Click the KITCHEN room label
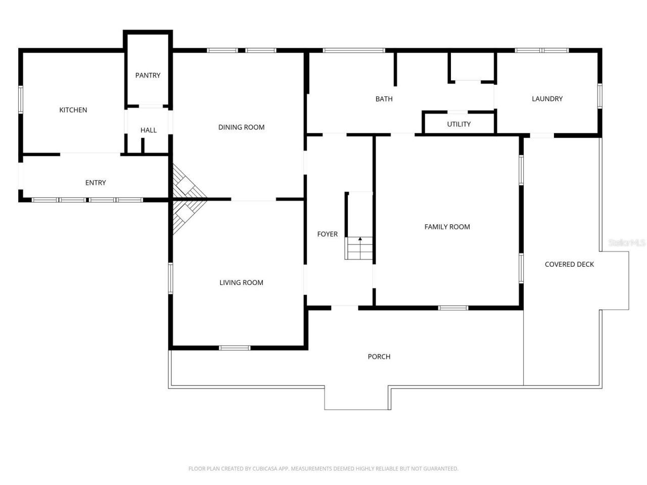click(x=73, y=110)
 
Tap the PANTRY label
click(x=148, y=75)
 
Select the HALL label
click(x=149, y=130)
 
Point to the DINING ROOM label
click(x=241, y=127)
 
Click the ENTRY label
click(x=96, y=182)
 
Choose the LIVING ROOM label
click(x=241, y=282)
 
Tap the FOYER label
click(x=327, y=234)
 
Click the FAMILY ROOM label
click(x=447, y=227)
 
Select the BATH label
click(x=384, y=99)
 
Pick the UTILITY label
click(x=458, y=124)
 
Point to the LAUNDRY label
click(x=547, y=99)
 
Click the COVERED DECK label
click(x=569, y=264)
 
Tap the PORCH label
click(x=379, y=357)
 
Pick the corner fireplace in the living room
click(x=186, y=215)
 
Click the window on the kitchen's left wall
click(x=21, y=100)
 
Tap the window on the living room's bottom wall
click(x=235, y=348)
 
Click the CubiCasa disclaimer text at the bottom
click(x=323, y=469)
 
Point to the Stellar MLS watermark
click(x=626, y=243)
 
